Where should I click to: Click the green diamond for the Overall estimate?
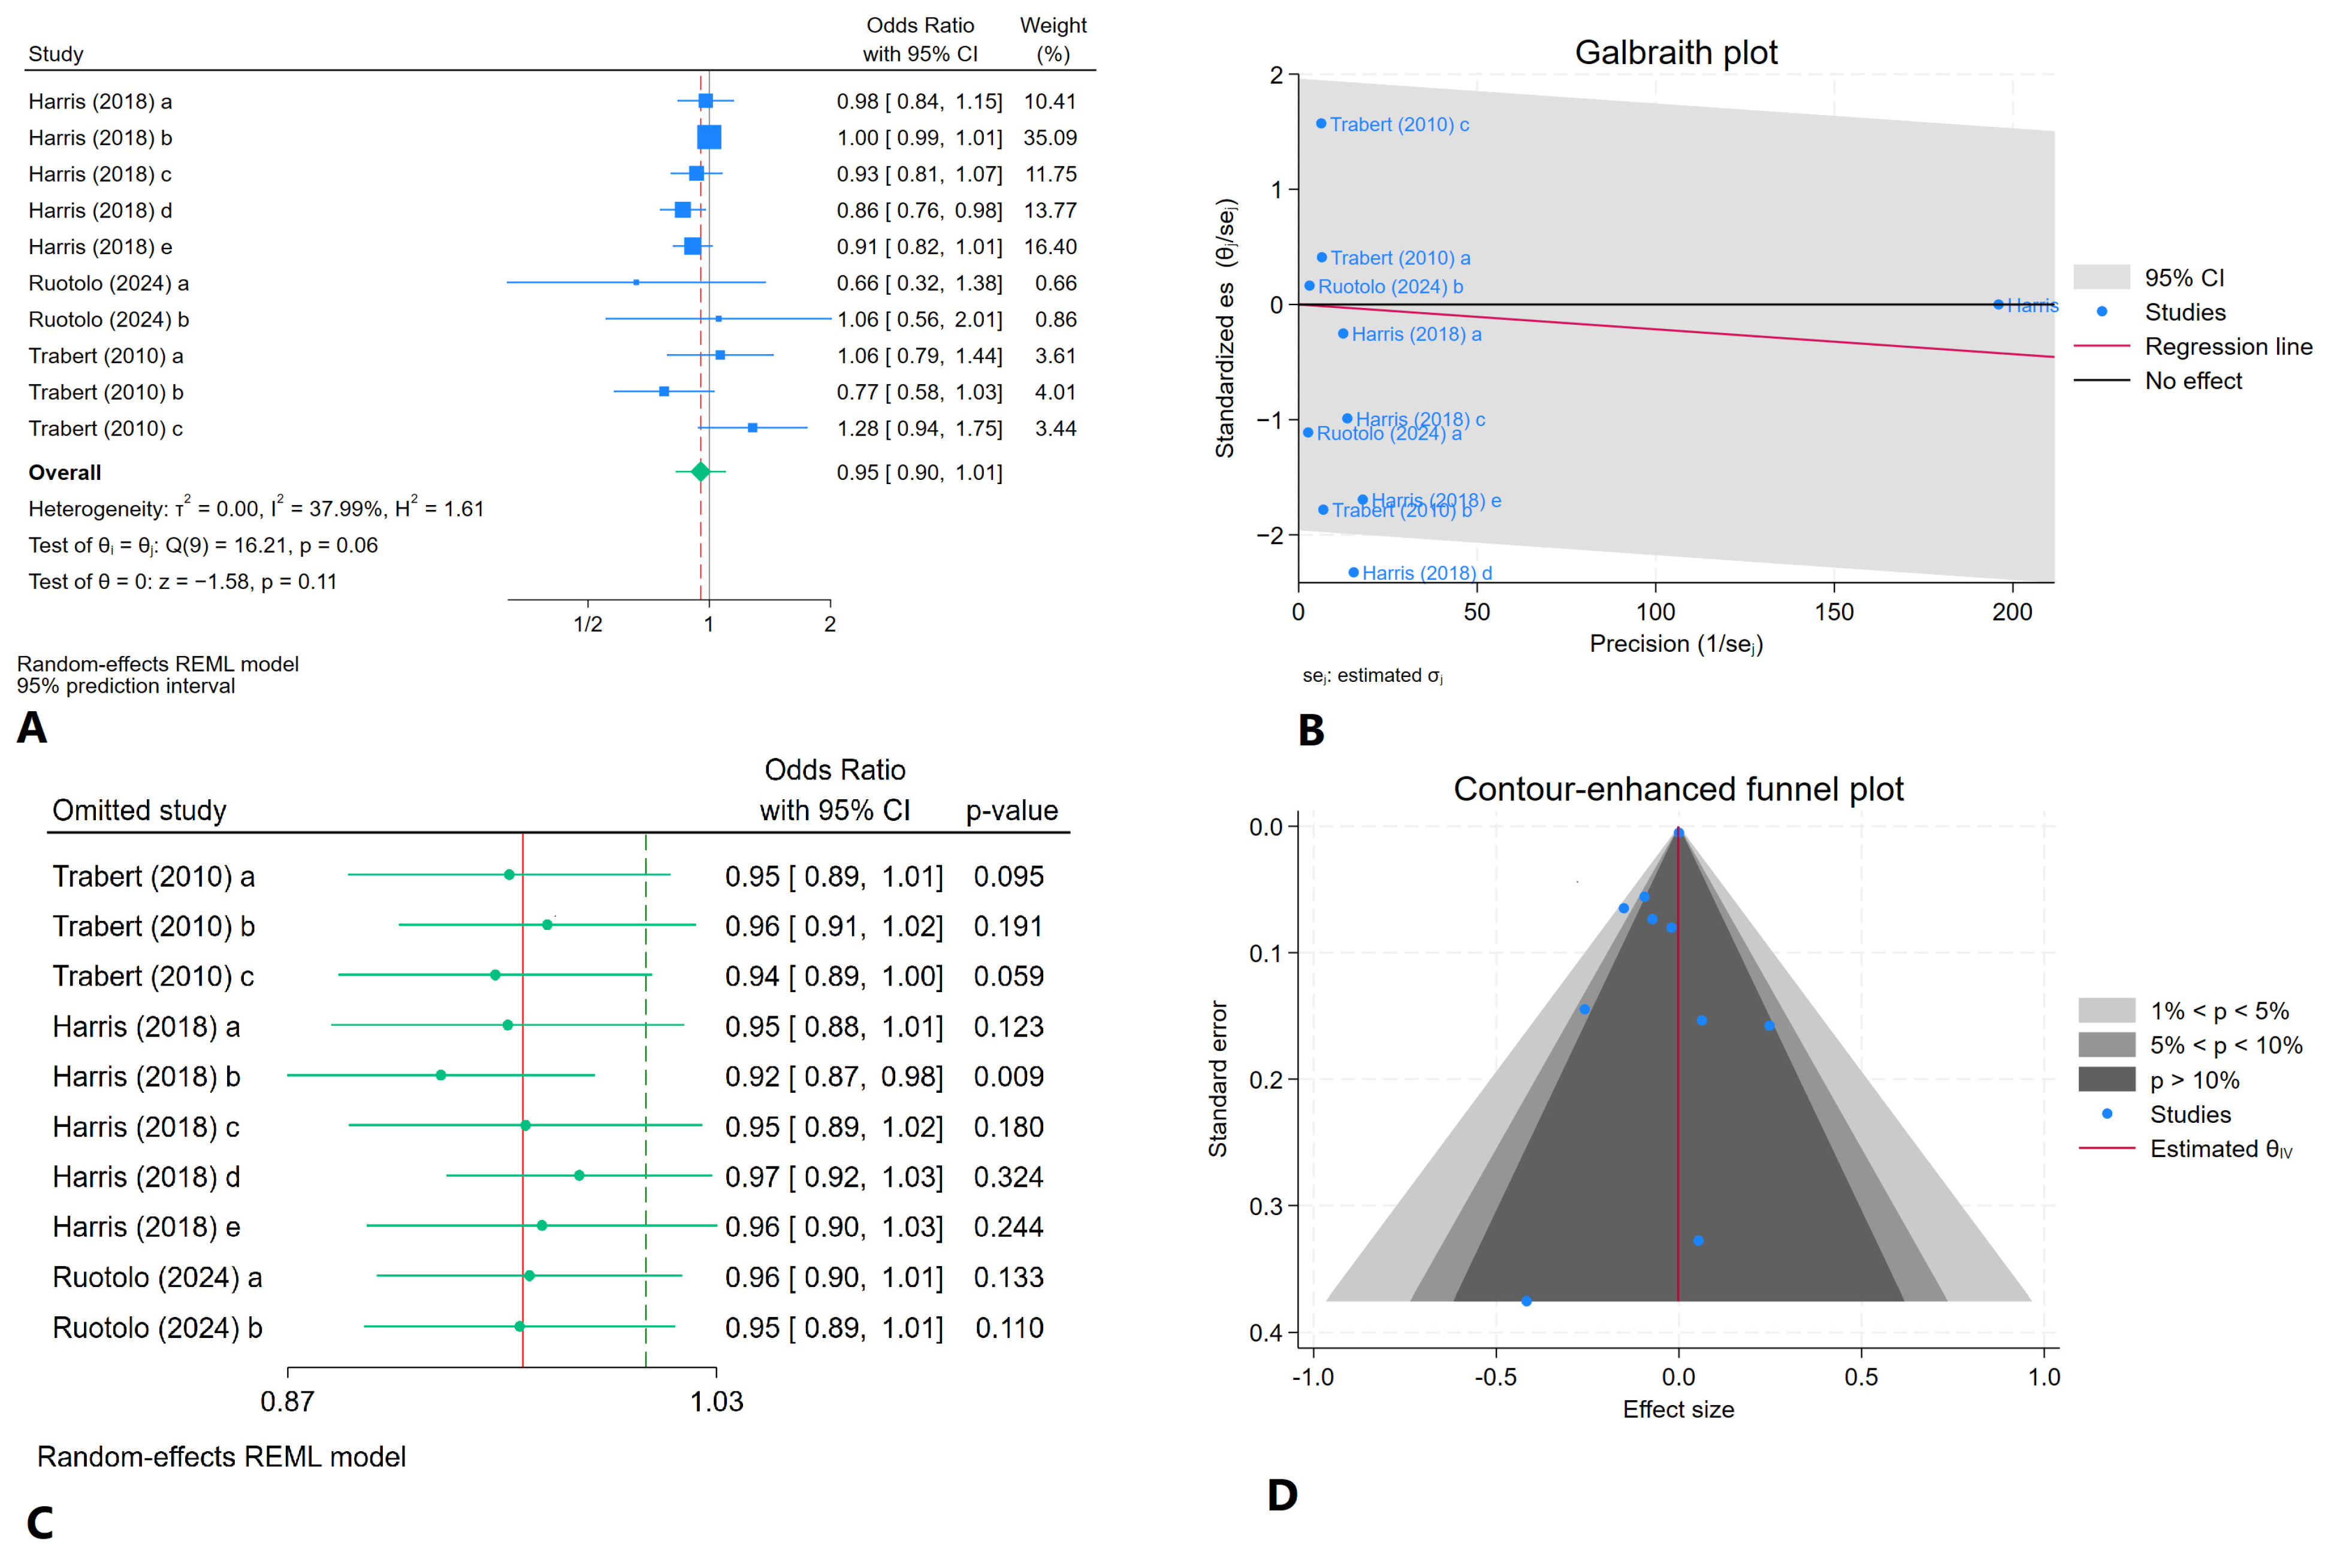(700, 472)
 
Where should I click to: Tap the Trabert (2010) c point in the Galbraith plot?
(1321, 124)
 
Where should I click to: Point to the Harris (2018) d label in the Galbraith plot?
(1426, 573)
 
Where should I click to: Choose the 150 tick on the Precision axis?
(1833, 612)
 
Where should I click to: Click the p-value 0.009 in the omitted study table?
(1008, 1077)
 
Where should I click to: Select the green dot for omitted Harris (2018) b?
(440, 1075)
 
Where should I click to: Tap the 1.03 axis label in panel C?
(717, 1401)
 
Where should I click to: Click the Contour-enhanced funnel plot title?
(1678, 789)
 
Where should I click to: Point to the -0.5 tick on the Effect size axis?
(1496, 1377)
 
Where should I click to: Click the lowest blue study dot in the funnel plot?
(1526, 1301)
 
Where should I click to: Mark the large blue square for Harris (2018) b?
(708, 138)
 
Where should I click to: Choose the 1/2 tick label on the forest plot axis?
(587, 624)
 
